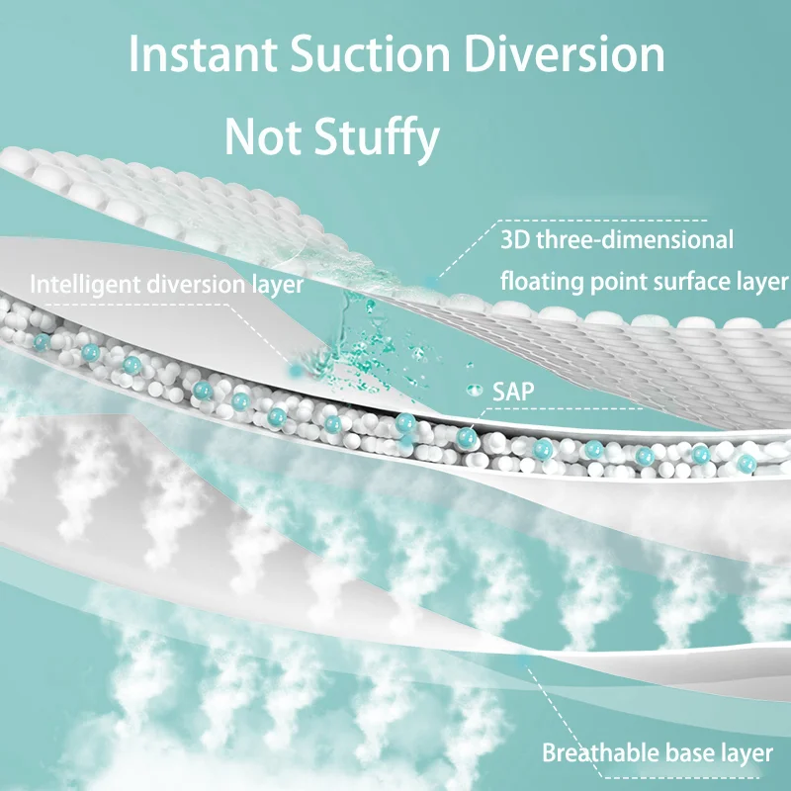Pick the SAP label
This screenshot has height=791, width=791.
tap(513, 392)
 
